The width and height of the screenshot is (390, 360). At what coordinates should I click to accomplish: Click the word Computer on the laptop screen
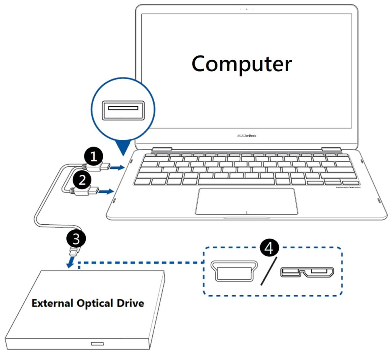tap(241, 64)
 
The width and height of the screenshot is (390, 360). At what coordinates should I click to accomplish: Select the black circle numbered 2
tap(82, 179)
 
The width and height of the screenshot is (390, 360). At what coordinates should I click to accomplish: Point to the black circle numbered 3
tap(76, 238)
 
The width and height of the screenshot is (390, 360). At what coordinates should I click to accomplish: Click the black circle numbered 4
tap(269, 248)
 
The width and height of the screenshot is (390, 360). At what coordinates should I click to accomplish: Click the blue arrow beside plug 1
tap(118, 167)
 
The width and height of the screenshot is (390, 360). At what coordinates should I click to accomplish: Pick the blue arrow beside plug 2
tap(107, 191)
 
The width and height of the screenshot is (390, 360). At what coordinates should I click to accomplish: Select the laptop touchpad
tap(246, 201)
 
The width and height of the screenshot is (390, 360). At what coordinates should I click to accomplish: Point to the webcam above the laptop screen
tap(246, 8)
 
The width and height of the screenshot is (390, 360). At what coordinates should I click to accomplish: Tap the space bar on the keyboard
tap(236, 181)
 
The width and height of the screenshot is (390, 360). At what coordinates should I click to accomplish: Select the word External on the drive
tap(51, 304)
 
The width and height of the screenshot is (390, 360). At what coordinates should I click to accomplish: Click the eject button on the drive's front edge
tap(97, 344)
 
